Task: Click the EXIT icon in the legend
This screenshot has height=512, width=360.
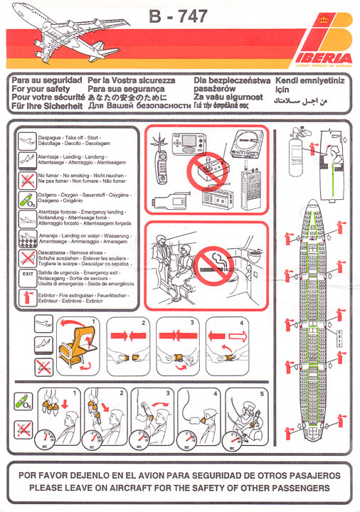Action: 26,273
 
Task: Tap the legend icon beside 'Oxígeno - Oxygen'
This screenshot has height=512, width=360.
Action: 26,198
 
